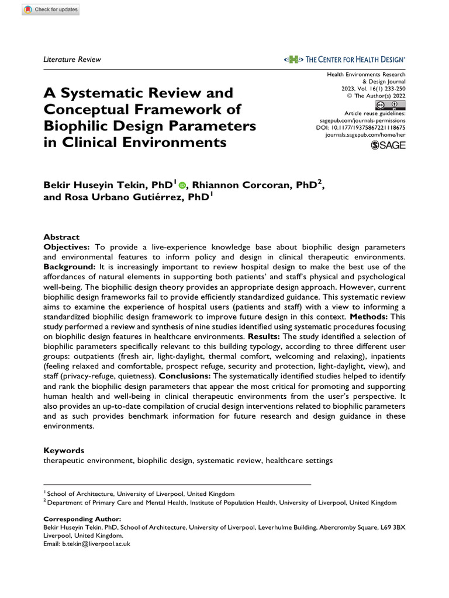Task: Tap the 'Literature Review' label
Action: click(x=72, y=59)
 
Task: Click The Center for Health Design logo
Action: click(x=345, y=59)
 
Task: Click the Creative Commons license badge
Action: click(x=391, y=105)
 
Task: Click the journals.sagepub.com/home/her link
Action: click(x=365, y=134)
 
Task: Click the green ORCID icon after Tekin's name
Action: click(x=182, y=186)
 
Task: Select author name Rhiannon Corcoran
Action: click(x=244, y=185)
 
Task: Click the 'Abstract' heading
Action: click(x=61, y=237)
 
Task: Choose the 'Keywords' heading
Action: click(x=64, y=450)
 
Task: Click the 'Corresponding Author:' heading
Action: click(x=82, y=519)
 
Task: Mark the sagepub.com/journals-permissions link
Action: click(x=365, y=119)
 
